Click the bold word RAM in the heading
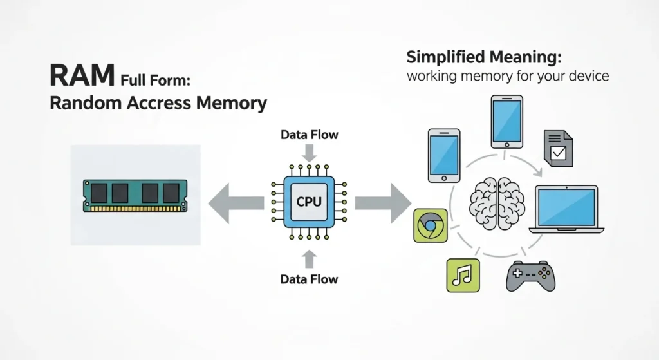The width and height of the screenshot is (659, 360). (83, 75)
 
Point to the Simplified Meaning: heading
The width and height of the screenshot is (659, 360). (484, 57)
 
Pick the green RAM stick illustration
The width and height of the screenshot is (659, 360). (135, 194)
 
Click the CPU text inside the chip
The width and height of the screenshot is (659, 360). (309, 202)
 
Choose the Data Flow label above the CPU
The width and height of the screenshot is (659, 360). (309, 135)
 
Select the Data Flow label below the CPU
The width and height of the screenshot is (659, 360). (309, 279)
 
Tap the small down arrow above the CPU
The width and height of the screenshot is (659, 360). (310, 153)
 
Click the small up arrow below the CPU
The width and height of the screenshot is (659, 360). (310, 258)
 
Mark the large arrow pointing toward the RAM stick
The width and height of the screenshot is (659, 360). (235, 202)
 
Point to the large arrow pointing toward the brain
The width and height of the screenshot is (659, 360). (383, 202)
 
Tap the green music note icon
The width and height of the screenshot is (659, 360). (463, 276)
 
